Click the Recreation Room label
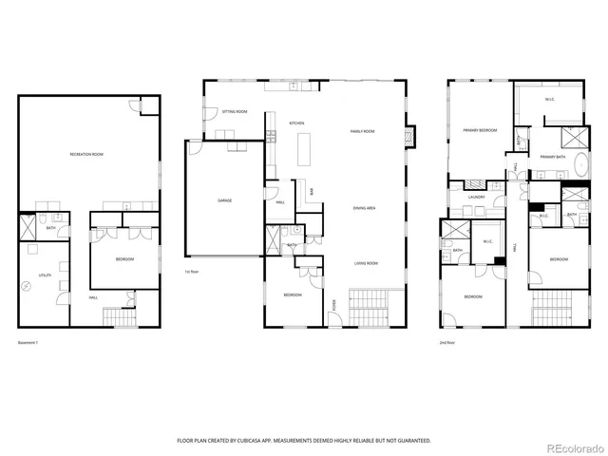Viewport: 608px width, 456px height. click(86, 154)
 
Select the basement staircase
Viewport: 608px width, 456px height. click(115, 316)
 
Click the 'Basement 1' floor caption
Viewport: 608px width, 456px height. click(30, 342)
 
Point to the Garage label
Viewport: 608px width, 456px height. click(225, 200)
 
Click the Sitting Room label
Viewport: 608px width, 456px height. click(235, 112)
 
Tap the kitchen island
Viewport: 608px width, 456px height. click(305, 150)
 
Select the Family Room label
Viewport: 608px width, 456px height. click(363, 131)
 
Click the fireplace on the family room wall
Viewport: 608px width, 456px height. click(409, 136)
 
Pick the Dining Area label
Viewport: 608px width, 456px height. click(364, 207)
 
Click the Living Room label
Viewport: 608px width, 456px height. click(367, 263)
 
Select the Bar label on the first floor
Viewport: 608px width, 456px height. click(312, 192)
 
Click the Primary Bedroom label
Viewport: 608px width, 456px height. click(481, 129)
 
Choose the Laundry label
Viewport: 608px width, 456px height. click(477, 198)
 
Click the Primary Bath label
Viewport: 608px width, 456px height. click(554, 156)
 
